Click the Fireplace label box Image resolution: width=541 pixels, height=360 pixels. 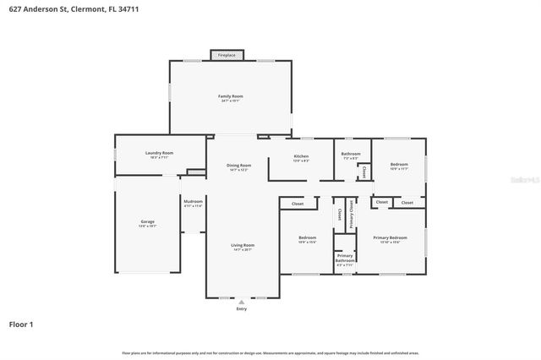[227, 55]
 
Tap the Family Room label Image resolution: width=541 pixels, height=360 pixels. [231, 98]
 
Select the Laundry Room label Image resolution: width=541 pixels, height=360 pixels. [159, 154]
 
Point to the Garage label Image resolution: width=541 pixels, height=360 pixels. [148, 224]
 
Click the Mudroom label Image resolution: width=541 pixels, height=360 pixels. [193, 203]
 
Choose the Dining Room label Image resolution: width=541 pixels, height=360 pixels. [239, 166]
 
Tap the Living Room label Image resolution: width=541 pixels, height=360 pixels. [243, 247]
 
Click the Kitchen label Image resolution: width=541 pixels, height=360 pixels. [301, 158]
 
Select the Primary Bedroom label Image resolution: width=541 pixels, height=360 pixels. [390, 239]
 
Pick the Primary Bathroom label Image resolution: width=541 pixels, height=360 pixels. [345, 259]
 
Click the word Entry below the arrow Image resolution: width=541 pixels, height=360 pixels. [243, 308]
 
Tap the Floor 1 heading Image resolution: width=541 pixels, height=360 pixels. [22, 324]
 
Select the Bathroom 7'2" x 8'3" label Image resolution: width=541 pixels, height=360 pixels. [351, 155]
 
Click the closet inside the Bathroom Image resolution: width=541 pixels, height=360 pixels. [363, 172]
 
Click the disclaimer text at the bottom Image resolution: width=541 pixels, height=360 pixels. [270, 352]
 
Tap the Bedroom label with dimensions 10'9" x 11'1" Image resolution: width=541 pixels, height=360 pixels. [399, 166]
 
